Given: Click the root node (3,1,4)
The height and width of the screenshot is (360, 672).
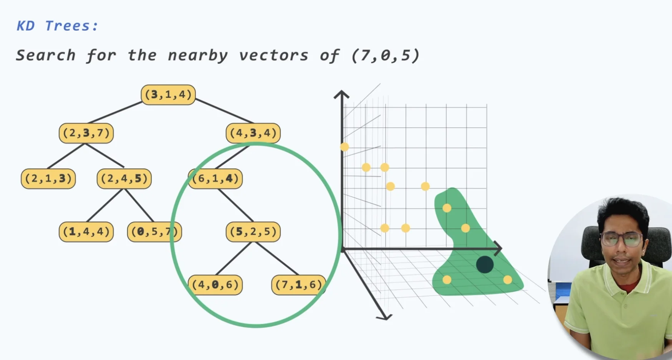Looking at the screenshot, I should click(168, 95).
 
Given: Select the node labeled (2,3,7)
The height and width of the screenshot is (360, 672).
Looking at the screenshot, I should click(86, 133).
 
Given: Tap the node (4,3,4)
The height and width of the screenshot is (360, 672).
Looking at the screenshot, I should click(253, 133).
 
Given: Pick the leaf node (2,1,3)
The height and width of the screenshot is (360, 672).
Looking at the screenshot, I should click(48, 178).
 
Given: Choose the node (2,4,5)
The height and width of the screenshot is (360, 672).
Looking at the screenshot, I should click(124, 178).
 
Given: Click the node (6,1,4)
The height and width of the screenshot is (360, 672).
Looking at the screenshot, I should click(215, 178).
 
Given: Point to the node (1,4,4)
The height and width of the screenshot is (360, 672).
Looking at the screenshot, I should click(86, 232).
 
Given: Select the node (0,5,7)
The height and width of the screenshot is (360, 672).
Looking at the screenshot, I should click(154, 232).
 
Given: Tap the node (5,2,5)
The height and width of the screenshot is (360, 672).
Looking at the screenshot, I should click(253, 232).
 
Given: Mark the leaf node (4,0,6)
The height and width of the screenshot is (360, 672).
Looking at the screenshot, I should click(215, 285).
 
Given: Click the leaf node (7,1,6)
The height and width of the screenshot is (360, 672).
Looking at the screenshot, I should click(298, 285).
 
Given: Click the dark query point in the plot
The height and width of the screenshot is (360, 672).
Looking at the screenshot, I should click(485, 264).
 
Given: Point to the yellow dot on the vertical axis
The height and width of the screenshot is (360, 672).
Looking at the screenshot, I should click(344, 147).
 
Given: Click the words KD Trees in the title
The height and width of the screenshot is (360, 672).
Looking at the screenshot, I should click(57, 26).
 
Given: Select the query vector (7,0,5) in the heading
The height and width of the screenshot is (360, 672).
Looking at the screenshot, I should click(385, 56).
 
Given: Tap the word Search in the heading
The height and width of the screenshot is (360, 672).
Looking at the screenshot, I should click(45, 56).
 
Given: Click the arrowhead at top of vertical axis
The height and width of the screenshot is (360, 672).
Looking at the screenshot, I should click(341, 94).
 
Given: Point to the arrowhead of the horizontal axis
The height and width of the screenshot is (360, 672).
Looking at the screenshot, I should click(498, 249).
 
